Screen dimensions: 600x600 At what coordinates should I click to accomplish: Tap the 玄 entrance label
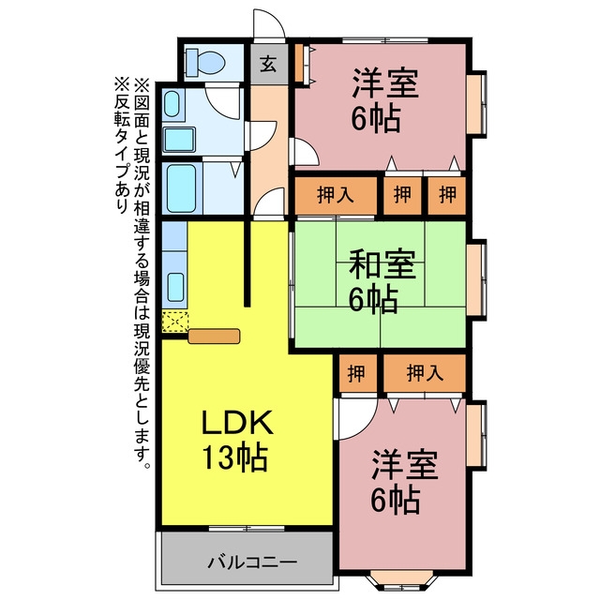click(x=269, y=64)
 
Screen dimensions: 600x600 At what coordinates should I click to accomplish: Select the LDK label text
click(x=237, y=422)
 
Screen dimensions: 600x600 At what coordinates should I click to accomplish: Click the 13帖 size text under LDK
click(x=234, y=457)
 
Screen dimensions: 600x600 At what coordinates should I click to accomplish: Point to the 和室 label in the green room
click(x=382, y=264)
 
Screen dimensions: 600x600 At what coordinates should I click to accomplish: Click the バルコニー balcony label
click(x=252, y=562)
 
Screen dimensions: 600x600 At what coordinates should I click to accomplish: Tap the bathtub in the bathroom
click(x=182, y=187)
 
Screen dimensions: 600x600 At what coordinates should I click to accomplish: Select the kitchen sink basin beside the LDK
click(x=175, y=287)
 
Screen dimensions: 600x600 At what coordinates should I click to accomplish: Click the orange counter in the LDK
click(x=215, y=336)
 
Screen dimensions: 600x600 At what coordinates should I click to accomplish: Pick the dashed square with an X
click(x=175, y=322)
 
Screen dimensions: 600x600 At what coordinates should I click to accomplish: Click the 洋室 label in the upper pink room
click(x=385, y=82)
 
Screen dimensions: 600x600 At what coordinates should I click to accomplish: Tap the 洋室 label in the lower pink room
click(x=405, y=465)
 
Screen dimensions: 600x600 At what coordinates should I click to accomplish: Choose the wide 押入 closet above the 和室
click(x=336, y=195)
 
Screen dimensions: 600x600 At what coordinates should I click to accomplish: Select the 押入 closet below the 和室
click(x=425, y=373)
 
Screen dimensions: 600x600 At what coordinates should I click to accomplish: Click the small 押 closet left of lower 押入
click(x=357, y=373)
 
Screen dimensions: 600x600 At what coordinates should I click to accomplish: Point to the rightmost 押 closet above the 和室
click(x=447, y=195)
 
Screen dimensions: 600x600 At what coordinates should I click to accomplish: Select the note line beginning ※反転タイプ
click(x=121, y=145)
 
